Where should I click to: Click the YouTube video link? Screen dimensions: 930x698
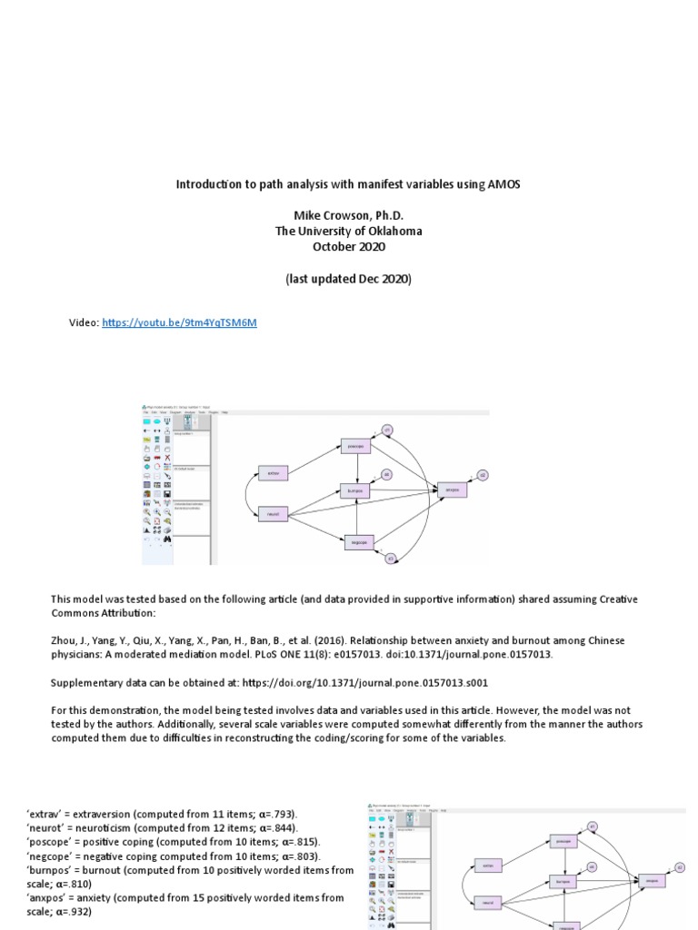pos(180,322)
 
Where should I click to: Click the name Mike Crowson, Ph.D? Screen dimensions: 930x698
pos(348,214)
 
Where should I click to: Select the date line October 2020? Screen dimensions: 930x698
pos(348,246)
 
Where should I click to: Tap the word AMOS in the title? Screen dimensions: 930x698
pos(505,184)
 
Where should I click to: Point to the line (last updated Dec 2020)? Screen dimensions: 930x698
pos(348,279)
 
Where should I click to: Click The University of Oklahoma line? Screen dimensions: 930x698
pos(348,231)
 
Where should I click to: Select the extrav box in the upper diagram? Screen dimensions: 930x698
pos(273,473)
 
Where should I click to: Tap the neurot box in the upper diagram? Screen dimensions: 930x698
pos(273,513)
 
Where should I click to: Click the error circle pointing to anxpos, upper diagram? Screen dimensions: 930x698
pos(484,475)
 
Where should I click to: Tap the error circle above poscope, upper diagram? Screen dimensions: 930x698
pos(386,430)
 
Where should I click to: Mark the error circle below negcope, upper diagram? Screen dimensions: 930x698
pos(390,559)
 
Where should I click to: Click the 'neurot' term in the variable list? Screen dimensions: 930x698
pos(47,827)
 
